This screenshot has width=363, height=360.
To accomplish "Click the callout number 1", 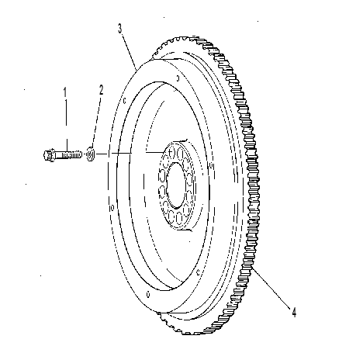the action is [x=65, y=92].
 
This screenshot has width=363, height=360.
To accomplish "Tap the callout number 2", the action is [x=101, y=90].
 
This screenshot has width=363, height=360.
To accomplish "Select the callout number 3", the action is [x=119, y=29].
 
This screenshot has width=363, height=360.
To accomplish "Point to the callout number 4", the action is [x=294, y=312].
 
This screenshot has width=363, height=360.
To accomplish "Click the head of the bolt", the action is [x=49, y=155].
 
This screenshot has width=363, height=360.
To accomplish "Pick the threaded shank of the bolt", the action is [x=68, y=155].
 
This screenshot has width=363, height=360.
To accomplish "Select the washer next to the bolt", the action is [x=90, y=154].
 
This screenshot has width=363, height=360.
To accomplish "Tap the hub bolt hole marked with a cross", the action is [x=171, y=153].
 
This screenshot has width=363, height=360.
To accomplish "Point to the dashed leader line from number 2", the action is [x=95, y=121].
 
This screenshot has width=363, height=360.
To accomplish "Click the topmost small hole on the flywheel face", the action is [x=178, y=78].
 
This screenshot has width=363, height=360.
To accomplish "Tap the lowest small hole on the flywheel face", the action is [x=148, y=294].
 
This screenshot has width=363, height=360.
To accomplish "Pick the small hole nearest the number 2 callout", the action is [x=124, y=101].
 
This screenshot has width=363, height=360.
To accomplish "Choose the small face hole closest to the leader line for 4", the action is [x=198, y=272].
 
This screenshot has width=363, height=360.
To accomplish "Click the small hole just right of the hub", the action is [x=213, y=165].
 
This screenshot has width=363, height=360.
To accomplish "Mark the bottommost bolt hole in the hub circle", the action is [x=179, y=218].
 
